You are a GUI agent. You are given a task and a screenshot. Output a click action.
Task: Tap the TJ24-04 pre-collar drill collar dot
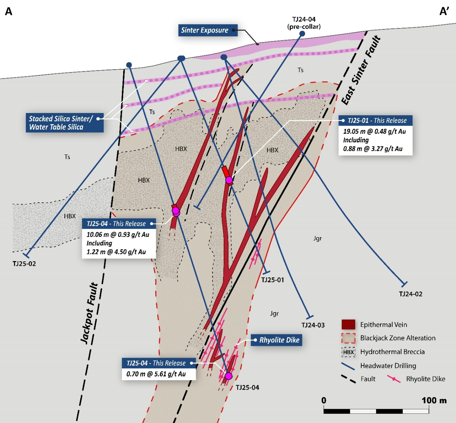[302, 34]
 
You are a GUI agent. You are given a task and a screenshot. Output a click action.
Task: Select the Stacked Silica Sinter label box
[64, 123]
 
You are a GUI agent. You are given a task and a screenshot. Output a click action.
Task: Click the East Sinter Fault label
[361, 71]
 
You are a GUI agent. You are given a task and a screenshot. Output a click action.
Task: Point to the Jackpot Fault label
[89, 313]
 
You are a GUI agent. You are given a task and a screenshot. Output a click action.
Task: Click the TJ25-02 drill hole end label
[24, 264]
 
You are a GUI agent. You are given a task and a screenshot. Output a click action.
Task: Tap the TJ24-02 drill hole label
[411, 294]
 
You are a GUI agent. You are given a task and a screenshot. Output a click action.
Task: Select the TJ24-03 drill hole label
[313, 325]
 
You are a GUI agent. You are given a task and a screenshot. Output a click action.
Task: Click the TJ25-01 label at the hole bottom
[272, 280]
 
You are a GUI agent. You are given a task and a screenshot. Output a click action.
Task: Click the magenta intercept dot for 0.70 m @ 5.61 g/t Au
[229, 376]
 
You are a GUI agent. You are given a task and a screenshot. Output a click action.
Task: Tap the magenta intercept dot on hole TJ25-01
[229, 180]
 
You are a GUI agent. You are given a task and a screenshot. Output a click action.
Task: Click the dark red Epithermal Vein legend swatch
[348, 325]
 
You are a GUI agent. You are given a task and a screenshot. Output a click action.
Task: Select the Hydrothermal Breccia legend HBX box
[348, 352]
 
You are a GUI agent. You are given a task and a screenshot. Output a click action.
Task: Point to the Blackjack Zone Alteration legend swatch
[348, 338]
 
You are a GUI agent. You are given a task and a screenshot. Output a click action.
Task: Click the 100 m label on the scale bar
[434, 401]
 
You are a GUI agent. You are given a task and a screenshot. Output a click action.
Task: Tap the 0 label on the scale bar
[324, 401]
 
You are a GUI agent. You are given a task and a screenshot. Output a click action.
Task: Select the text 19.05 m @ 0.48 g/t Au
[374, 131]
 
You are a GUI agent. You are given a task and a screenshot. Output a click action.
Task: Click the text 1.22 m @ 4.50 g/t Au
[116, 252]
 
